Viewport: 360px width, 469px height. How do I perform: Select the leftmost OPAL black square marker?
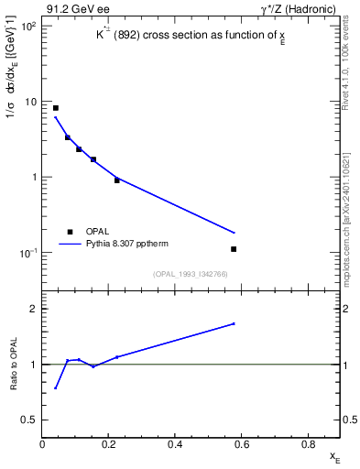(x=56, y=108)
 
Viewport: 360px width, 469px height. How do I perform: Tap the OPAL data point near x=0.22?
(x=117, y=180)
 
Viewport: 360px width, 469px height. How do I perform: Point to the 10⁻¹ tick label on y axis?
(x=27, y=253)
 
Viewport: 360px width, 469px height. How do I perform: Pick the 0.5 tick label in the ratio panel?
(x=30, y=420)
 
